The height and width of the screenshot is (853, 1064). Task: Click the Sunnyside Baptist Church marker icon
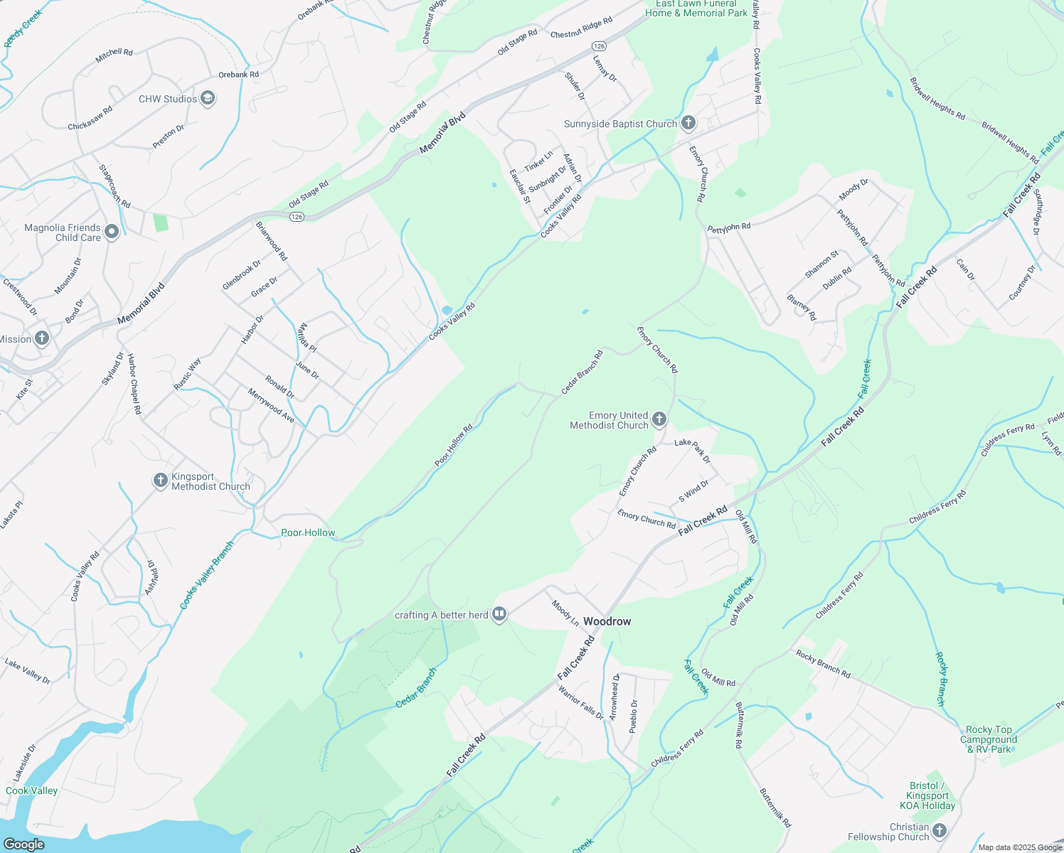(688, 123)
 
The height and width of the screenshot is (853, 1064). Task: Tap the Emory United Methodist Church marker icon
(659, 419)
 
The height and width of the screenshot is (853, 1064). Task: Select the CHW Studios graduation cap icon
(208, 98)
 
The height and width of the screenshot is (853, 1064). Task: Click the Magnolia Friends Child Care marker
(111, 232)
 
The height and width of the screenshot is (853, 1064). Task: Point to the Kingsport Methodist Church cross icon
(161, 481)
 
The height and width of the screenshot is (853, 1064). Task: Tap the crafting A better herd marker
(499, 615)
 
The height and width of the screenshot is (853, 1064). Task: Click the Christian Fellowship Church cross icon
(940, 831)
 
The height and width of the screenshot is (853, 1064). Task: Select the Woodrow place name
(607, 621)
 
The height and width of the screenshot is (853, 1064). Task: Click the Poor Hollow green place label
(308, 532)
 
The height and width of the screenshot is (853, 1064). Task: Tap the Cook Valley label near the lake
(31, 790)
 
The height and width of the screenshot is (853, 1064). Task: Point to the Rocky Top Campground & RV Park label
(989, 739)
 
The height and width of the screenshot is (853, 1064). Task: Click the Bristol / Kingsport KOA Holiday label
(927, 795)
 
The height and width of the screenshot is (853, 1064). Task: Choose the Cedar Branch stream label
(416, 687)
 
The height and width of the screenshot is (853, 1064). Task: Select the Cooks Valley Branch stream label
(206, 576)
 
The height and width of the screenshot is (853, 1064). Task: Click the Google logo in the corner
(23, 844)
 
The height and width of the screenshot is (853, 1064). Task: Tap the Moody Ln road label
(565, 613)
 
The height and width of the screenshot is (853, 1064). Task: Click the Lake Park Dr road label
(692, 451)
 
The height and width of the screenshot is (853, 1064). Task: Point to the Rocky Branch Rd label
(823, 663)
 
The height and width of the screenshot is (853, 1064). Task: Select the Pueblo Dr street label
(634, 716)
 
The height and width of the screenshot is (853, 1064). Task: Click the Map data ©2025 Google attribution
(1019, 847)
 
